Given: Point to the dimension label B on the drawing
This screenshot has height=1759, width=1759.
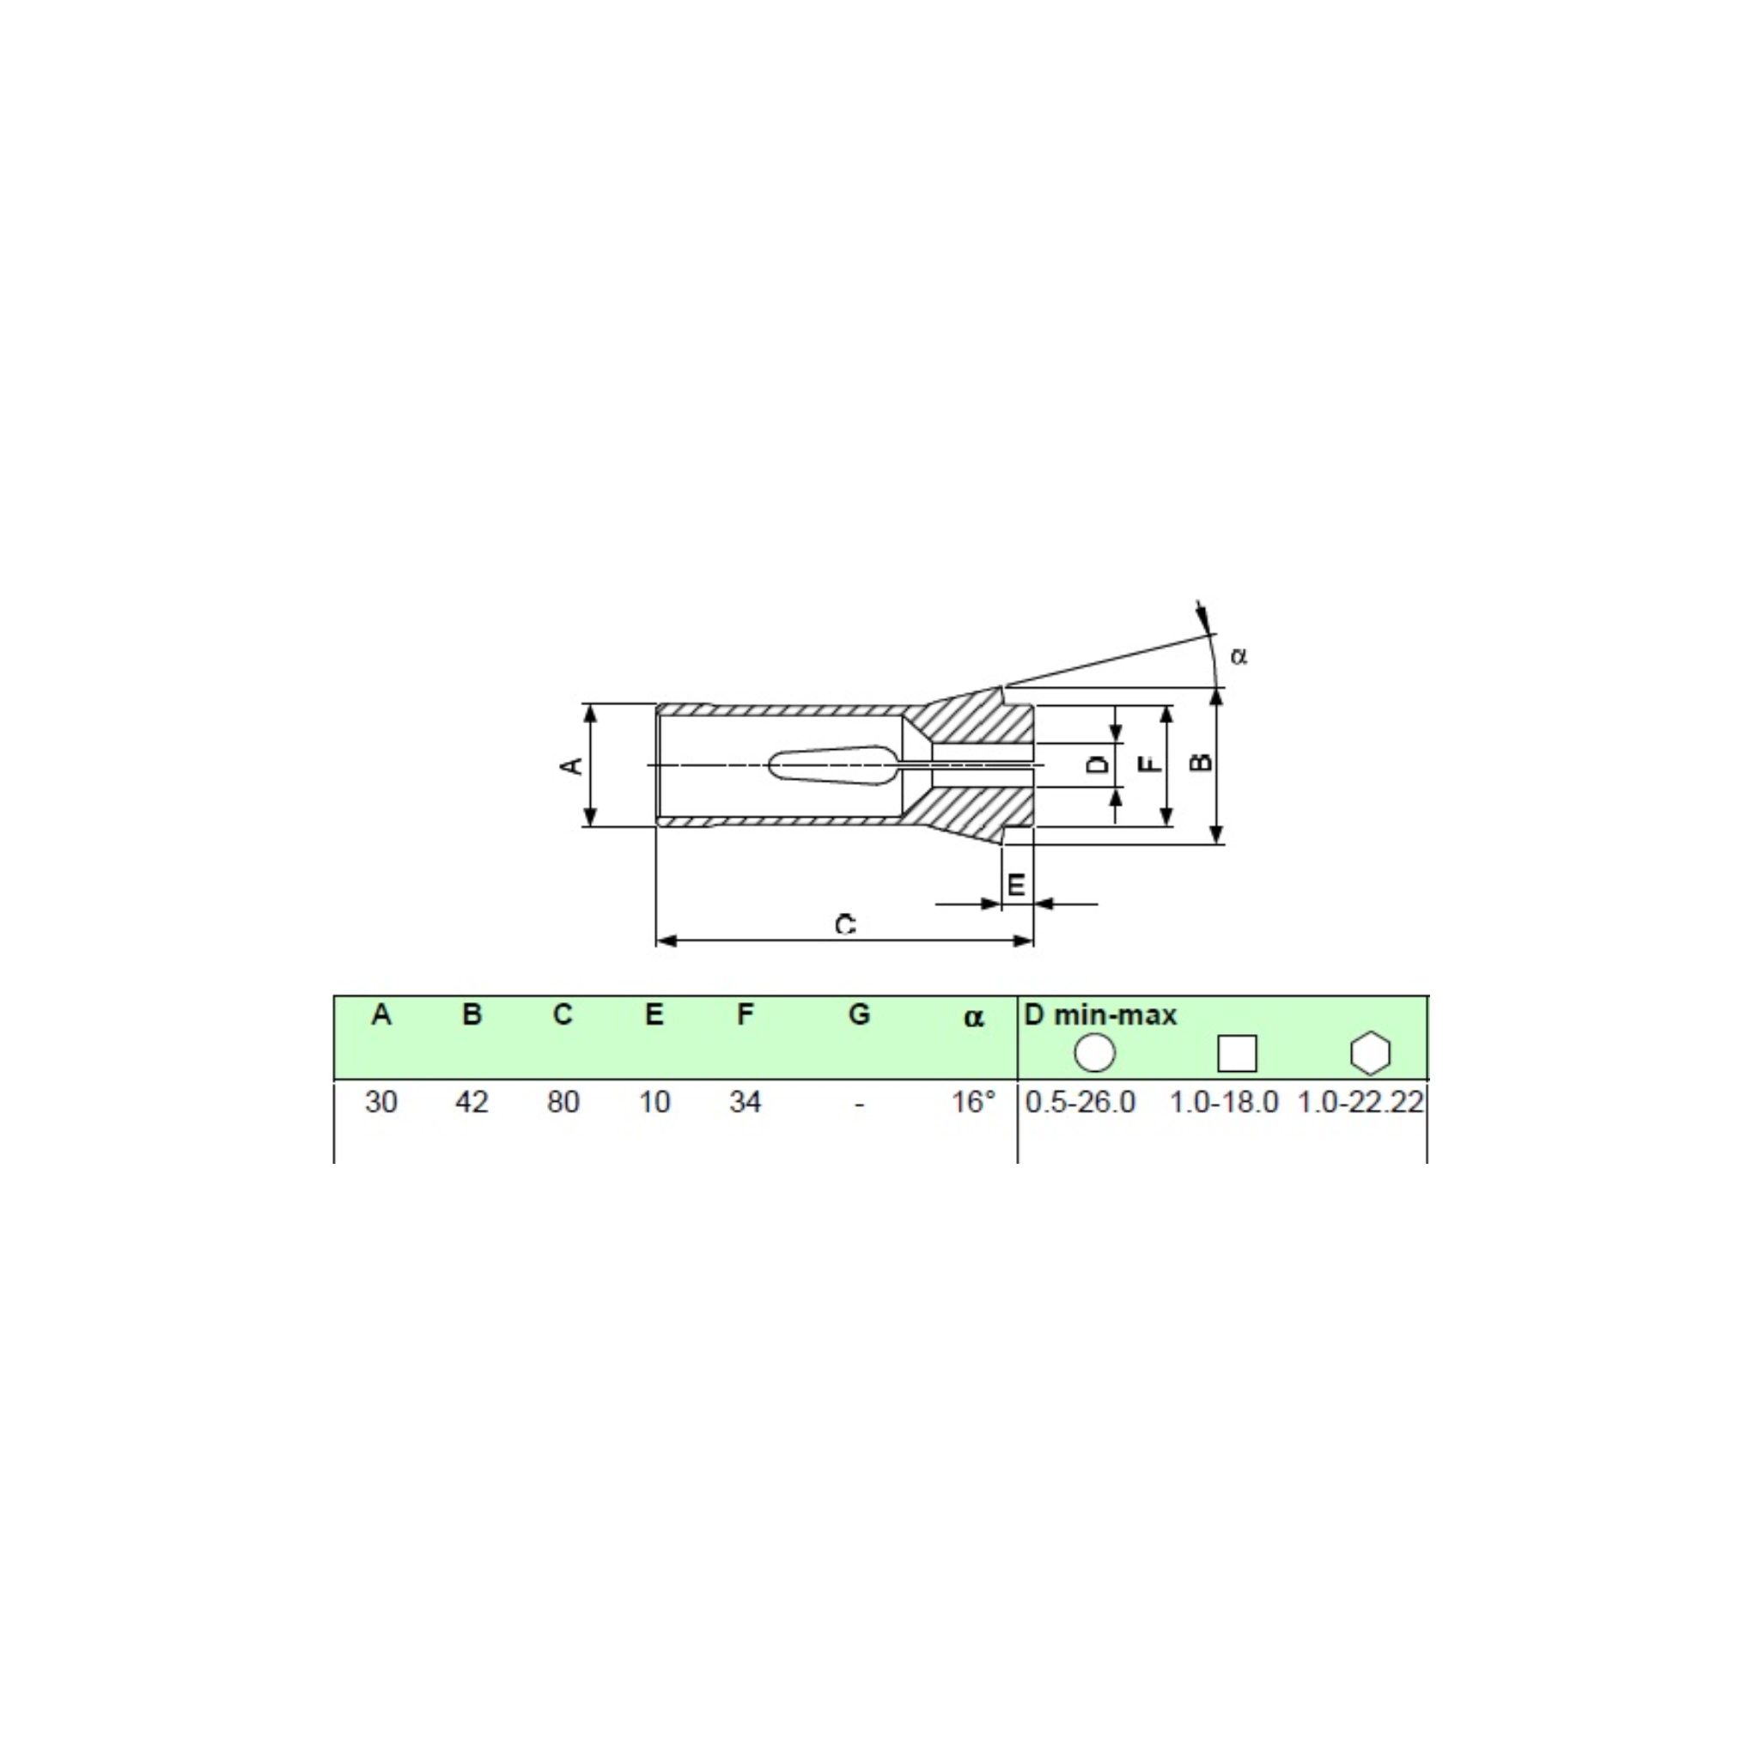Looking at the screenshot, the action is [x=1202, y=761].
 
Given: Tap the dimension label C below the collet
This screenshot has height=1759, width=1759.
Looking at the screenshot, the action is [x=846, y=925].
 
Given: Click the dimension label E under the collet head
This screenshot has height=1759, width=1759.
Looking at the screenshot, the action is [x=1016, y=884].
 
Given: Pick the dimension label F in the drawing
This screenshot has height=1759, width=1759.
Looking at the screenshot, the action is [x=1152, y=763].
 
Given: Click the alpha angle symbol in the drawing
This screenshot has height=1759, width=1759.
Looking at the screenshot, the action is [x=1239, y=655].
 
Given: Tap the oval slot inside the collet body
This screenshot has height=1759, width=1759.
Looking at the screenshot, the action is [x=835, y=765].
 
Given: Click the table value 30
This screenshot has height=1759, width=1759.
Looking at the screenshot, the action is [x=380, y=1103].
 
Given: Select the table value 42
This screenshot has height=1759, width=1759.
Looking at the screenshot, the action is [x=472, y=1103].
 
